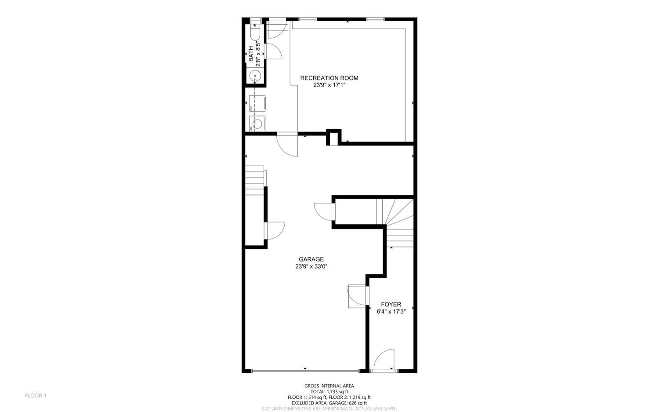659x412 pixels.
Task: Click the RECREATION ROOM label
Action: coord(329,78)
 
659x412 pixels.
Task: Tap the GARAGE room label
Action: coord(311,259)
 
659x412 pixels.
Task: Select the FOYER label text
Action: coord(391,304)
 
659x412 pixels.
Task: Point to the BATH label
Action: coord(251,53)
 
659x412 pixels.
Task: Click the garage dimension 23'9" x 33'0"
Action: coord(311,266)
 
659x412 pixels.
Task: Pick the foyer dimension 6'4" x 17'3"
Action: coord(391,311)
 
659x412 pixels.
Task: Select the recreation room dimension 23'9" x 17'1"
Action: coord(329,85)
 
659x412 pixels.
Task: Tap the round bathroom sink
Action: coord(255,77)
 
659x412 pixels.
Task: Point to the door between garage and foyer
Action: coord(356,296)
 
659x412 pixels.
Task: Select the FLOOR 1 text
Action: coord(36,396)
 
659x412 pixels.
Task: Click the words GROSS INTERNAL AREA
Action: coord(329,386)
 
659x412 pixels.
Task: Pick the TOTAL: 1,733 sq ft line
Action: coord(329,391)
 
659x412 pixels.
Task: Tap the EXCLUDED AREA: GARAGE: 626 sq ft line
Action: coord(329,403)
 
